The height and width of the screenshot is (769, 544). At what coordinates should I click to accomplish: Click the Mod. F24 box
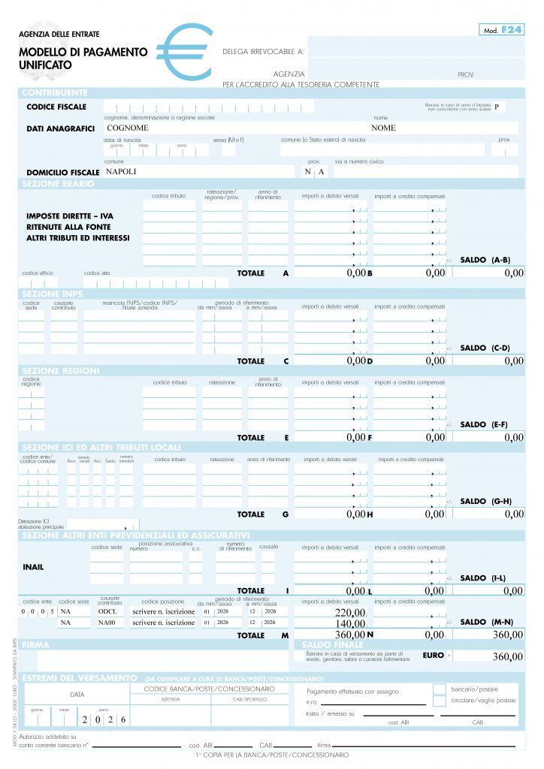(501, 29)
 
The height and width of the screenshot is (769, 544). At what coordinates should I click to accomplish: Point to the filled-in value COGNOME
(128, 128)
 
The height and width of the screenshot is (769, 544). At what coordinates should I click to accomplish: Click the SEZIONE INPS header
(52, 293)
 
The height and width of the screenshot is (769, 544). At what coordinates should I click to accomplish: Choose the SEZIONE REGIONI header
(60, 370)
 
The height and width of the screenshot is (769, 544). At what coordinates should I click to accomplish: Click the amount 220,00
(350, 612)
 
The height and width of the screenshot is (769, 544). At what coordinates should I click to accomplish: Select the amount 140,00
(350, 623)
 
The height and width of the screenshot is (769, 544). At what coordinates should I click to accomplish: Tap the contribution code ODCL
(107, 611)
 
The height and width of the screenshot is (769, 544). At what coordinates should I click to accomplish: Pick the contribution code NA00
(107, 623)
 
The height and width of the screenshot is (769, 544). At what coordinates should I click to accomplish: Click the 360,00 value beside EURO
(507, 656)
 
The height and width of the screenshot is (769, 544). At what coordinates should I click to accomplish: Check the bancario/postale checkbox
(440, 689)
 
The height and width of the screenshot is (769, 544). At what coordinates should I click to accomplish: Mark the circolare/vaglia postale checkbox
(440, 701)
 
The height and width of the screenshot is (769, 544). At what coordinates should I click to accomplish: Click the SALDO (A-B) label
(485, 260)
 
